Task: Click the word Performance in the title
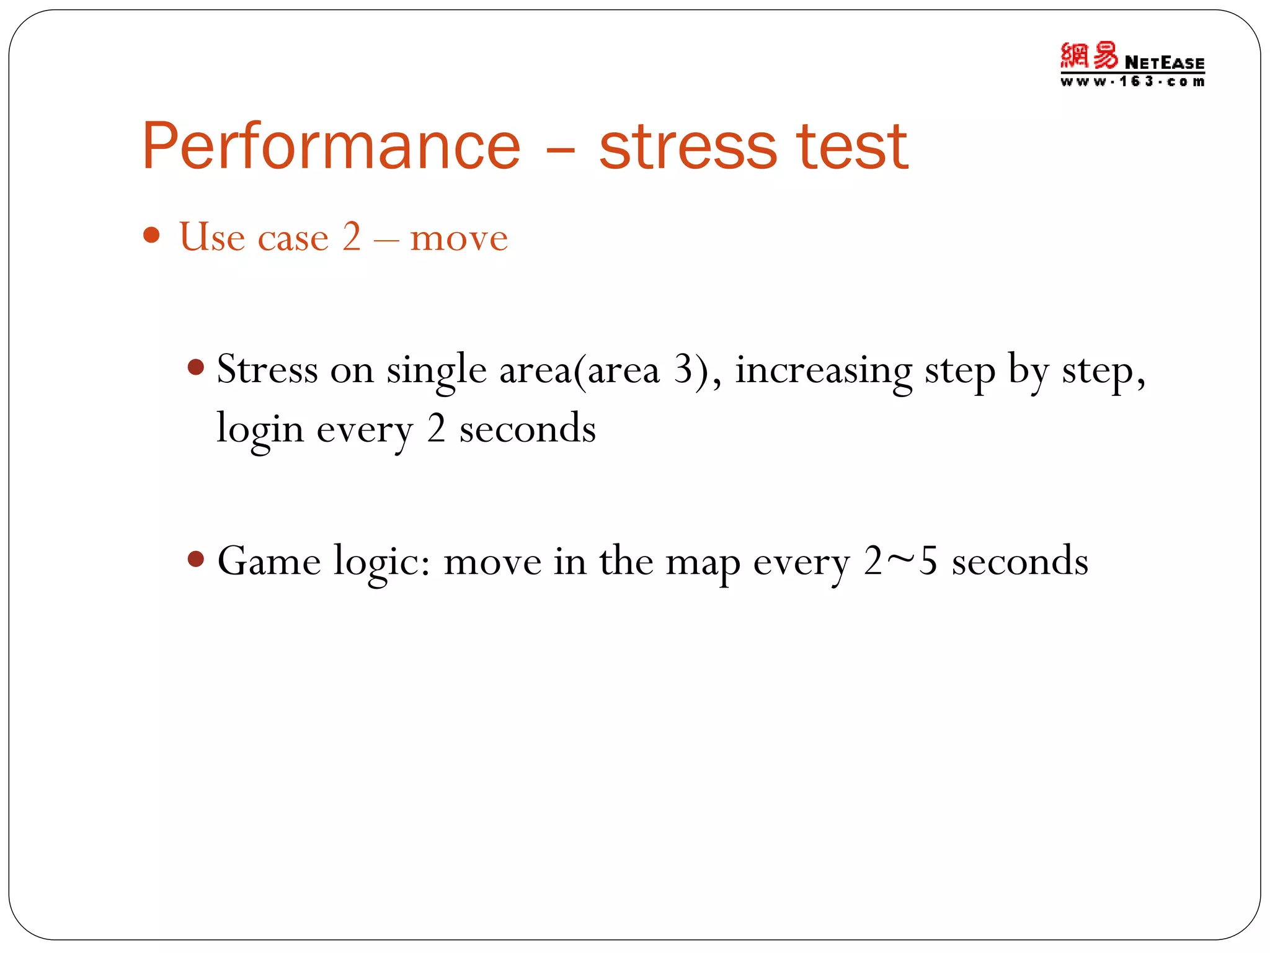(331, 146)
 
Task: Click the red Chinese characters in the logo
(1089, 56)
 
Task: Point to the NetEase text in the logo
(1164, 63)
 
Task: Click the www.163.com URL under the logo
(1132, 82)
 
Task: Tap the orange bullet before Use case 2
(151, 235)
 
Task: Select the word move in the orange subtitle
(459, 238)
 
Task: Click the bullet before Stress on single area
(195, 367)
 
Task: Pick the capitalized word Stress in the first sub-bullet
(267, 370)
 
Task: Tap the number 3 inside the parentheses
(683, 370)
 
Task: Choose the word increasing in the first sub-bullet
(824, 371)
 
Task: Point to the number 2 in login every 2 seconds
(436, 429)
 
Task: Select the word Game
(269, 562)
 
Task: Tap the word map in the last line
(703, 563)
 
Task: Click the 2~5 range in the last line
(900, 561)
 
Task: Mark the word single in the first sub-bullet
(437, 372)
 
